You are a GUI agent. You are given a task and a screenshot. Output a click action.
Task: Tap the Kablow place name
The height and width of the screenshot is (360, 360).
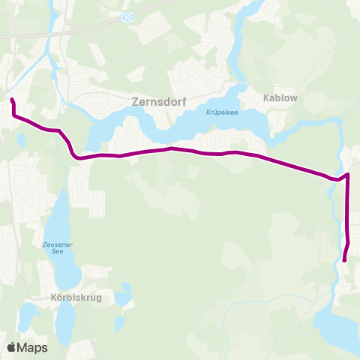tap(281, 97)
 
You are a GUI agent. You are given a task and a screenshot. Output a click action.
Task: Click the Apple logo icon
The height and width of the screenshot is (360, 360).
tap(11, 347)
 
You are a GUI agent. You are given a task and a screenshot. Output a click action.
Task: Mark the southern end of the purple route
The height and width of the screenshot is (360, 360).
tap(344, 260)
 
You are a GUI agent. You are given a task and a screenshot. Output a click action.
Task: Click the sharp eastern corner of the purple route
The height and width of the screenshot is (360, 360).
tap(349, 175)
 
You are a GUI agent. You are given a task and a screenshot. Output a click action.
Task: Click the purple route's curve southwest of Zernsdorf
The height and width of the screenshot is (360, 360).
tap(73, 151)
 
